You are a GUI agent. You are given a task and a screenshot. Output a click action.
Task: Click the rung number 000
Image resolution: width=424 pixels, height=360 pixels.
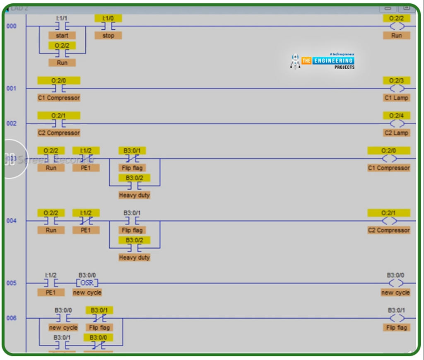pyautogui.click(x=11, y=27)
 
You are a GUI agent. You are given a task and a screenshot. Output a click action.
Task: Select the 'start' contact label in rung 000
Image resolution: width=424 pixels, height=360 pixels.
pyautogui.click(x=62, y=36)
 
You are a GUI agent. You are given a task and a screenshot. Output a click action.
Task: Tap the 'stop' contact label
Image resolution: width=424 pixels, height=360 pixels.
pyautogui.click(x=108, y=36)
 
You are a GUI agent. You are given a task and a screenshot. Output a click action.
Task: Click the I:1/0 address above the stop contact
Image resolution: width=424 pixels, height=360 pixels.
pyautogui.click(x=108, y=18)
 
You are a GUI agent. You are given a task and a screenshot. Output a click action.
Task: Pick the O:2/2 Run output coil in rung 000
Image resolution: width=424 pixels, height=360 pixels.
pyautogui.click(x=397, y=27)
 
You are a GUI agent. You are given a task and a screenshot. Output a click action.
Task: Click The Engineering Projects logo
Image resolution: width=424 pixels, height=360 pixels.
pyautogui.click(x=323, y=61)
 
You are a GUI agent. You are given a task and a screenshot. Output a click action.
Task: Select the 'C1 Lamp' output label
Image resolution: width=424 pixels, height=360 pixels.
pyautogui.click(x=396, y=98)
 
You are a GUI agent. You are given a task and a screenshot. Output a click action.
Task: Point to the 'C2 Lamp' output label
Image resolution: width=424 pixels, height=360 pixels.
pyautogui.click(x=396, y=133)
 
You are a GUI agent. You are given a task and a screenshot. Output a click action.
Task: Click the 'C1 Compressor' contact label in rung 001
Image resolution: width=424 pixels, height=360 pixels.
pyautogui.click(x=59, y=98)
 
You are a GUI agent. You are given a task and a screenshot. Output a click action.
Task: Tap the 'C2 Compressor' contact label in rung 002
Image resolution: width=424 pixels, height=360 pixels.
pyautogui.click(x=59, y=133)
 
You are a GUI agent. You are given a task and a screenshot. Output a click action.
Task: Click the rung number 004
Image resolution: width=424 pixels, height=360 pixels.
pyautogui.click(x=11, y=221)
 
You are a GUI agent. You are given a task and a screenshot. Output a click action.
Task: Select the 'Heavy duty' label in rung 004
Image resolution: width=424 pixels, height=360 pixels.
pyautogui.click(x=134, y=257)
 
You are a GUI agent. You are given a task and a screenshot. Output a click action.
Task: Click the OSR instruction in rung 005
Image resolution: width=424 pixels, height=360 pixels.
pyautogui.click(x=87, y=283)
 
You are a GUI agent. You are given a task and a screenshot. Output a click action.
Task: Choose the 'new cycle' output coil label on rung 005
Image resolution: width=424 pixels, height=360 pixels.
pyautogui.click(x=395, y=292)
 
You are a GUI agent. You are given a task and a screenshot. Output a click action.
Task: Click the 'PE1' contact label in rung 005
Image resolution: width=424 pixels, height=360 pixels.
pyautogui.click(x=51, y=292)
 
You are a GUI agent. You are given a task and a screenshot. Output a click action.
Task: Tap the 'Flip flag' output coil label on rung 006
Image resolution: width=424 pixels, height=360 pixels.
pyautogui.click(x=396, y=327)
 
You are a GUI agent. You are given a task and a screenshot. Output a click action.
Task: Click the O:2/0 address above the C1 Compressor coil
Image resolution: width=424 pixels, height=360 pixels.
pyautogui.click(x=388, y=151)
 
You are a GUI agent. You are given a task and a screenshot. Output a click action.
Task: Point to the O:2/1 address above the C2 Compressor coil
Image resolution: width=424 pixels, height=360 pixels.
pyautogui.click(x=388, y=213)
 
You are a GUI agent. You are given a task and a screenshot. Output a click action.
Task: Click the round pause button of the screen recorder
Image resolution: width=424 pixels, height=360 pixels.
pyautogui.click(x=10, y=159)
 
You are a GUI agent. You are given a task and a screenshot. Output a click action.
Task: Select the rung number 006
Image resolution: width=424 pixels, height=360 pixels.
pyautogui.click(x=11, y=318)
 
